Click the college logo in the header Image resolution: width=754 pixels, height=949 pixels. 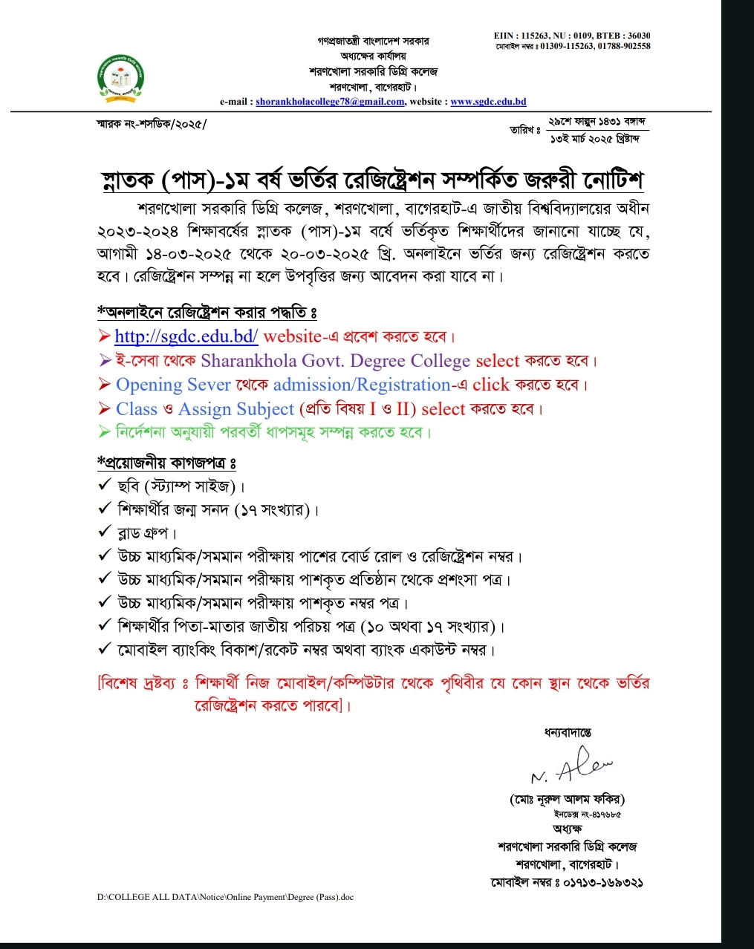click(x=122, y=76)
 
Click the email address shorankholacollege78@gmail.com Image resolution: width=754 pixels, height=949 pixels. click(x=330, y=102)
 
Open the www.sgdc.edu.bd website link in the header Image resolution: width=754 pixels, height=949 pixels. click(x=488, y=102)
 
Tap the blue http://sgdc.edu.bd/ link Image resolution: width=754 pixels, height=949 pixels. click(x=186, y=336)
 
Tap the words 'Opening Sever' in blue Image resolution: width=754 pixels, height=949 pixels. click(x=173, y=385)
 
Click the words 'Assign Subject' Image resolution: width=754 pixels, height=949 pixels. click(x=236, y=409)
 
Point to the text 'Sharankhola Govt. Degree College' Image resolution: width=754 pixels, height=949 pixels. click(x=335, y=361)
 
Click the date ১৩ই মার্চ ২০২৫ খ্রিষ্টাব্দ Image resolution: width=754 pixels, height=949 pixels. click(x=594, y=139)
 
